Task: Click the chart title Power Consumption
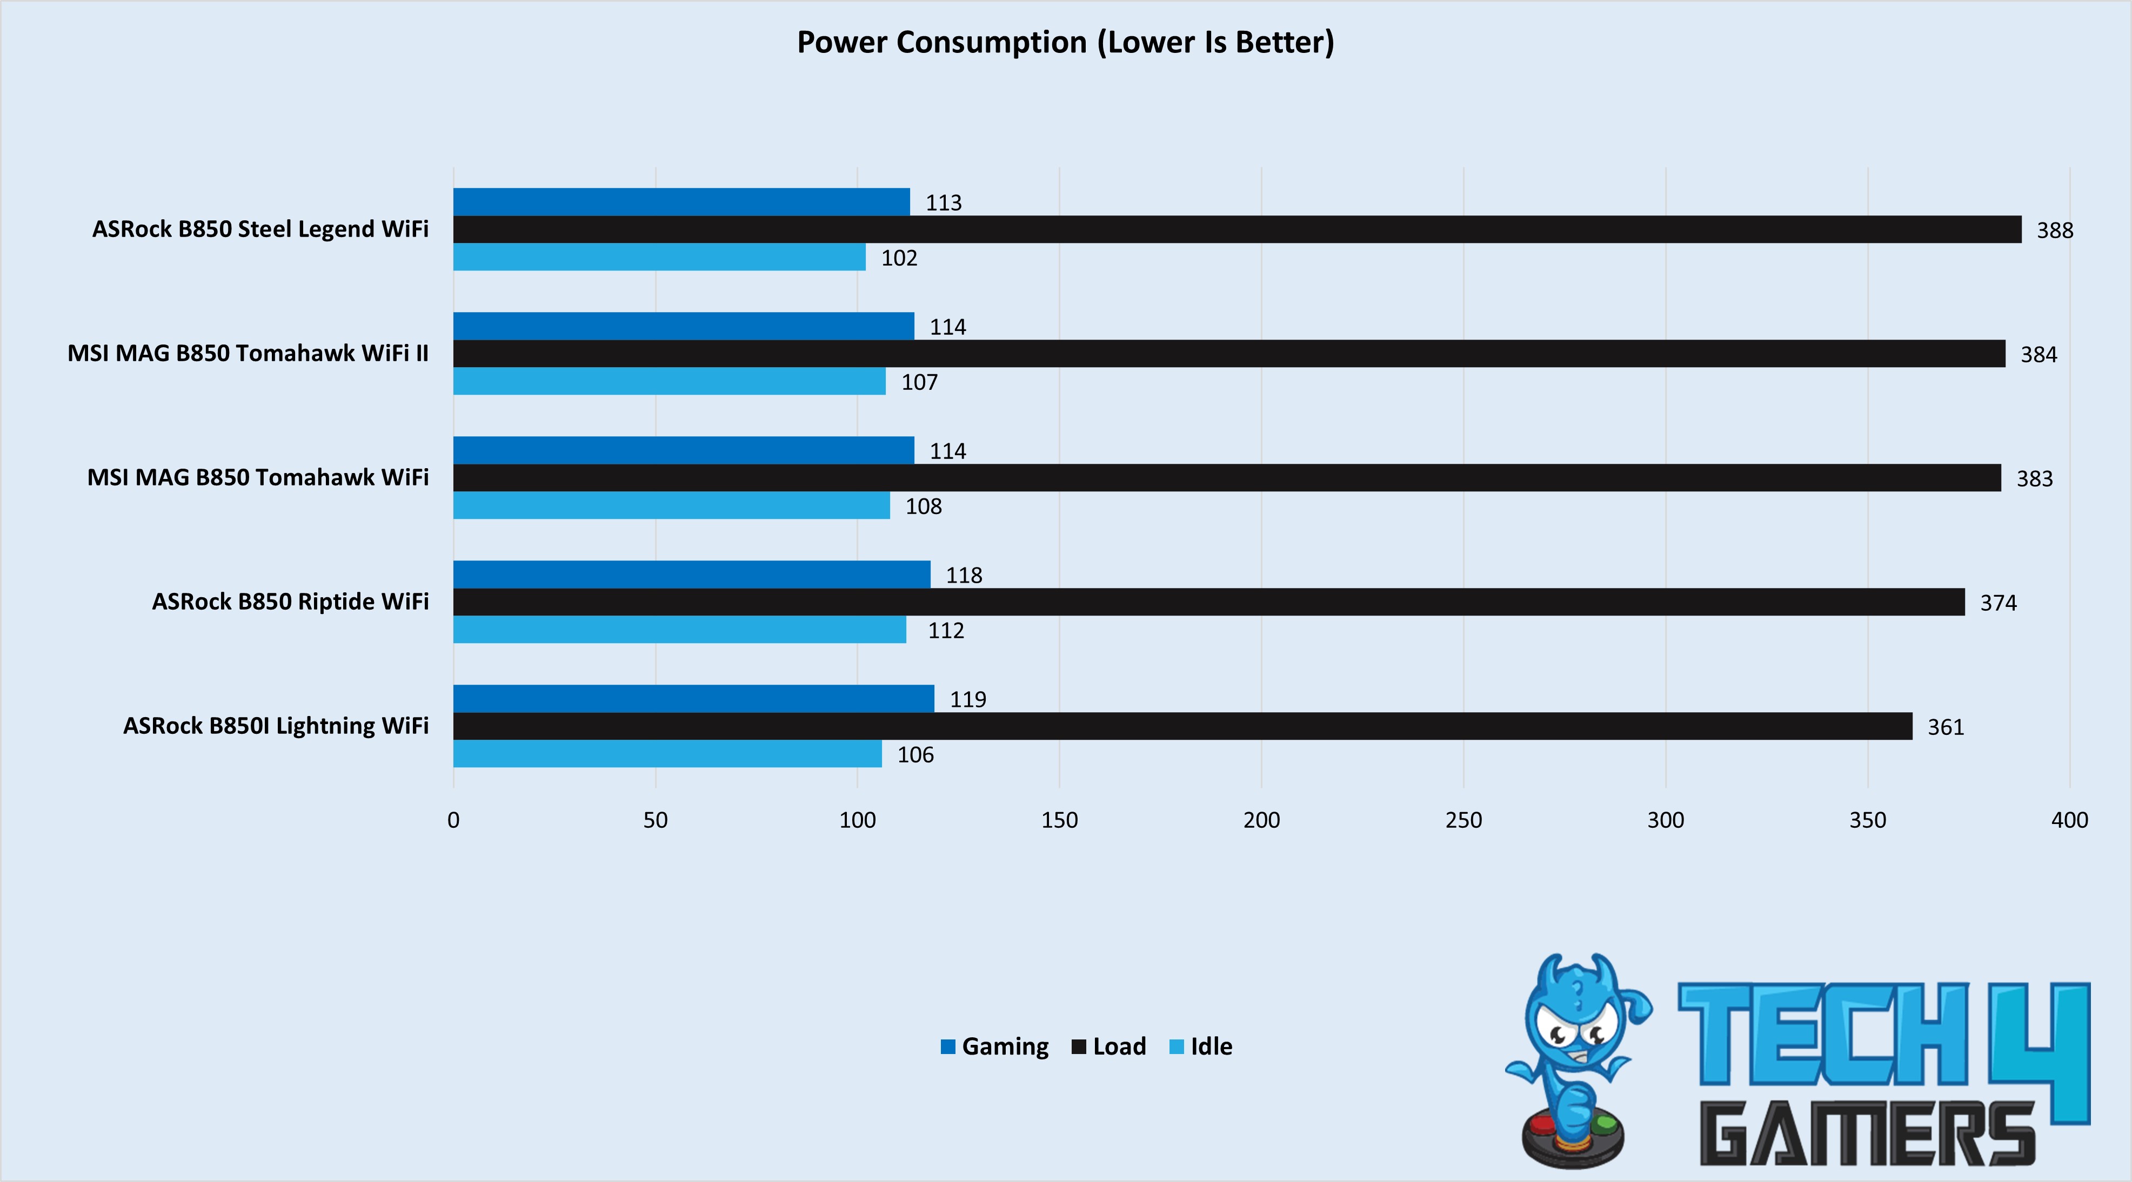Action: coord(1065,42)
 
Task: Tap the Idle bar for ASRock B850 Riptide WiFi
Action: coord(679,630)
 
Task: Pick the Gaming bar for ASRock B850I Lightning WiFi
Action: coord(693,698)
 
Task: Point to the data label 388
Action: coord(2054,230)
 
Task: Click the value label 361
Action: coord(1945,727)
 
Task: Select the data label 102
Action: coord(899,258)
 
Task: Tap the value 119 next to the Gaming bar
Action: coord(967,700)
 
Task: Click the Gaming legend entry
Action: coord(995,1046)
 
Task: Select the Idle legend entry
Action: coord(1202,1046)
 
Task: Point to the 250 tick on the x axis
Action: coord(1463,820)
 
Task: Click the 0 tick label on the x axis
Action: coord(453,820)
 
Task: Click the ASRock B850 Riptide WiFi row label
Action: coord(291,602)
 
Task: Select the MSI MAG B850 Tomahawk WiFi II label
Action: coord(248,353)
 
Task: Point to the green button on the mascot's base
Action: coord(1605,1123)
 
